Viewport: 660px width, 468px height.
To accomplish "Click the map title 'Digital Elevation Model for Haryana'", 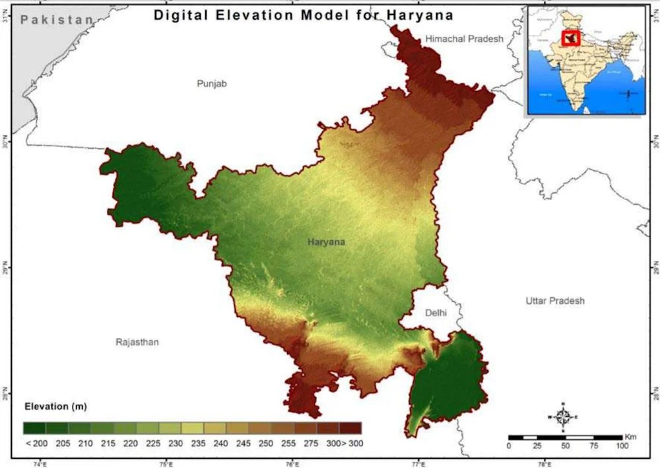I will click(x=304, y=15).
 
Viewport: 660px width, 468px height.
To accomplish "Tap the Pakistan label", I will click(x=57, y=20).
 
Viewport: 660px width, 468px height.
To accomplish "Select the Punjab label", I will click(x=212, y=84).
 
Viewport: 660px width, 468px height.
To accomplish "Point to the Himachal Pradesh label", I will click(x=464, y=39).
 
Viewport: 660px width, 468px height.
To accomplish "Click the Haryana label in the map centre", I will click(x=326, y=242).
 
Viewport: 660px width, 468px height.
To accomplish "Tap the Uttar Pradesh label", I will click(x=555, y=301).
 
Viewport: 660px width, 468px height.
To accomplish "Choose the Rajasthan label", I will click(x=137, y=342).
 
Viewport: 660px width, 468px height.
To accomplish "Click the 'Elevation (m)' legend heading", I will click(x=55, y=405).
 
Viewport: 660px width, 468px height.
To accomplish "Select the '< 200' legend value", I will click(x=35, y=444).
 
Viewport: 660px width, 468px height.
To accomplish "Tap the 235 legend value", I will click(x=199, y=444).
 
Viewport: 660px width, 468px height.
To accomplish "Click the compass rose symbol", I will click(x=563, y=417).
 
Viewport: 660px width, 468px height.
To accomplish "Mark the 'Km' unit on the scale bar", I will click(x=631, y=436).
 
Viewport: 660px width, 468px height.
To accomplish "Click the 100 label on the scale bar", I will click(x=622, y=446).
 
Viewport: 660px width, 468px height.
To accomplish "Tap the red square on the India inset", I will click(x=570, y=38).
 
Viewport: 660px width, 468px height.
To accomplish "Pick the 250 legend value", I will click(x=266, y=444).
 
